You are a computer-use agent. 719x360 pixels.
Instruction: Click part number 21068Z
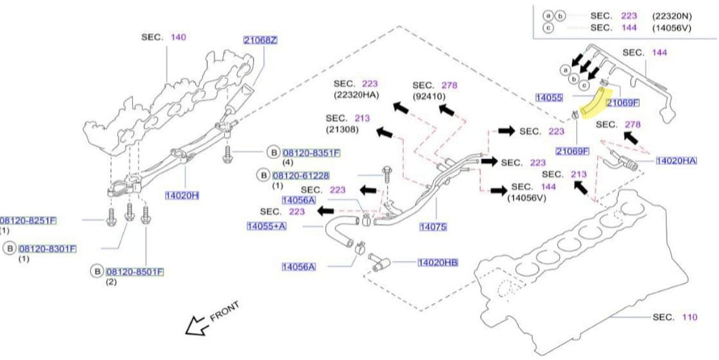pyautogui.click(x=260, y=39)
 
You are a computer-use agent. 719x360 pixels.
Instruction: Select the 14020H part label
pyautogui.click(x=183, y=194)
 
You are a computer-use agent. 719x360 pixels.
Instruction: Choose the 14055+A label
pyautogui.click(x=266, y=226)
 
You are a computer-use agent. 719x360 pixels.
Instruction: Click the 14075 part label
pyautogui.click(x=433, y=227)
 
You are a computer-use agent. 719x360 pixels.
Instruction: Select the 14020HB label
pyautogui.click(x=437, y=262)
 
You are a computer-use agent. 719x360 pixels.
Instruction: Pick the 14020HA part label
pyautogui.click(x=676, y=160)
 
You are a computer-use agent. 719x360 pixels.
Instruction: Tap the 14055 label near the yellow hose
pyautogui.click(x=549, y=97)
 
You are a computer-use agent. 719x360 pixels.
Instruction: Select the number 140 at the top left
pyautogui.click(x=178, y=38)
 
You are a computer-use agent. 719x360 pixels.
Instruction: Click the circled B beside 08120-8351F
pyautogui.click(x=273, y=153)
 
